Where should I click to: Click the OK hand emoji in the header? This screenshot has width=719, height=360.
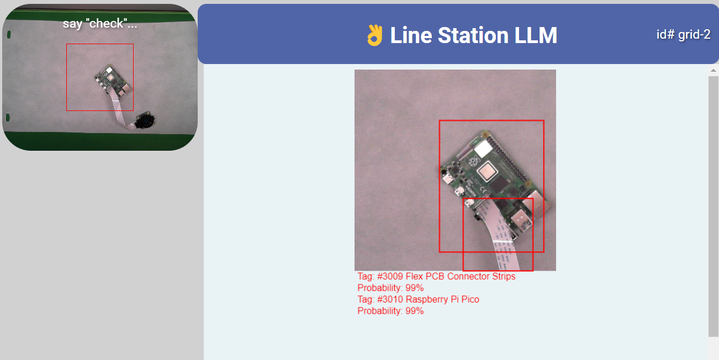[374, 35]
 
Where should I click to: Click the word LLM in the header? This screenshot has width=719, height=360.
[535, 35]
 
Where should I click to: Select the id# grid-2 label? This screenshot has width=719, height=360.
[683, 34]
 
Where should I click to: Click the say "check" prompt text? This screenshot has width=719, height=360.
[99, 23]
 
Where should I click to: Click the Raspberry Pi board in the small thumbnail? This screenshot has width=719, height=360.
[113, 80]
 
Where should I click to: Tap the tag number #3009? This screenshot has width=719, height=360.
[390, 276]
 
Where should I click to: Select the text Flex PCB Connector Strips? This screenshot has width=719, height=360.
[461, 276]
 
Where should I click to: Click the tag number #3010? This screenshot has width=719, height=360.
[390, 299]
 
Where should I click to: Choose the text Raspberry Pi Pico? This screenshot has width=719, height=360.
[442, 299]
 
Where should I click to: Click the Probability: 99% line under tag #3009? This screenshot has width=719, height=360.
[390, 288]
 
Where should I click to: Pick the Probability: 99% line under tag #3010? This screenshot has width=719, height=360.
[390, 311]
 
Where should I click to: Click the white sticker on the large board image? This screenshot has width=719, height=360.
[483, 148]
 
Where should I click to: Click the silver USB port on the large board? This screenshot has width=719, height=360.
[521, 222]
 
